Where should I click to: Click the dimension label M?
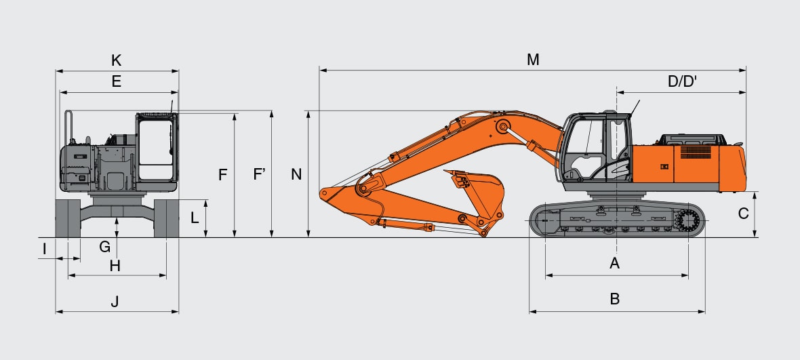[533, 60]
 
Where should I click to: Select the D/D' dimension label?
[683, 82]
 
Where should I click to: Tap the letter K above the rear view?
[116, 60]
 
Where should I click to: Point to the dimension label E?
[116, 82]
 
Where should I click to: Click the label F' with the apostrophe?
[259, 175]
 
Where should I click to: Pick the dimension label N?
[296, 175]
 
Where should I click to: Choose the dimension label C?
[743, 214]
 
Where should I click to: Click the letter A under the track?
[615, 263]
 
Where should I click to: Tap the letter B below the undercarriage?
[615, 299]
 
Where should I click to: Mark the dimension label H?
[115, 266]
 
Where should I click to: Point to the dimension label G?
[104, 247]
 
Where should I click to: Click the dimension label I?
[44, 249]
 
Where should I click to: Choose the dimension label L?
[194, 218]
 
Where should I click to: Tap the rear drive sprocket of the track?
[687, 220]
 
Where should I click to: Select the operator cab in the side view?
[597, 149]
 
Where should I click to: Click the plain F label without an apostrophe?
[222, 175]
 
